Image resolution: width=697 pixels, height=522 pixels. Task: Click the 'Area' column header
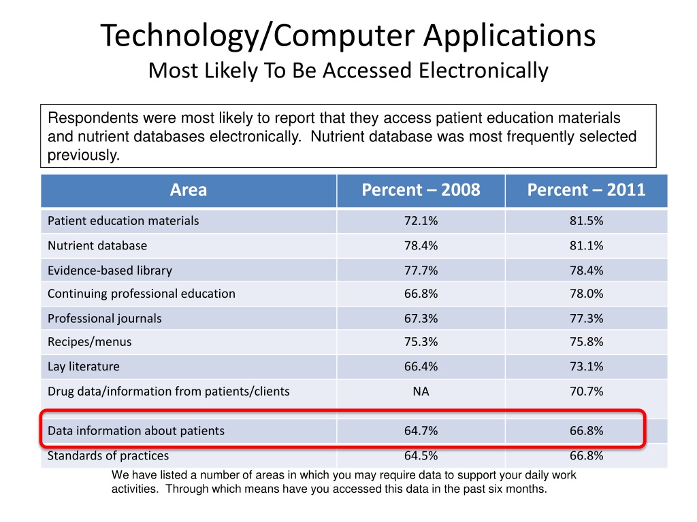pos(189,190)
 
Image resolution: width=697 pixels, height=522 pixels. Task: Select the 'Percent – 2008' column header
pos(421,190)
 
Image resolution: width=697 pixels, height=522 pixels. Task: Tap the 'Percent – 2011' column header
pos(586,190)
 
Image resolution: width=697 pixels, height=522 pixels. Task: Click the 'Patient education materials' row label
pos(123,221)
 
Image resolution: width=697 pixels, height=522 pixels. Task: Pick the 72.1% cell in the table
pos(421,221)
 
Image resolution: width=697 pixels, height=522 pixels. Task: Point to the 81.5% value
pos(586,221)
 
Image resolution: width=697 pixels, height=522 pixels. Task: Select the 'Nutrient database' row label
pos(97,245)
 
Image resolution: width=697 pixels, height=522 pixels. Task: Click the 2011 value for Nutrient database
pos(586,245)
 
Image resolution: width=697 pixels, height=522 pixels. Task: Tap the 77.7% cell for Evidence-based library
pos(421,271)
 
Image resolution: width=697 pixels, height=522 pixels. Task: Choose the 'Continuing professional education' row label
pos(142,294)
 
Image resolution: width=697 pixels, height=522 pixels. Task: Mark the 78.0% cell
pos(586,294)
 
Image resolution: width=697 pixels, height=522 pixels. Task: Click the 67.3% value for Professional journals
pos(421,319)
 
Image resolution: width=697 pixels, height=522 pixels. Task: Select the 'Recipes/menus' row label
pos(90,342)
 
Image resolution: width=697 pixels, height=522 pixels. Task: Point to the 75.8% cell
pos(586,342)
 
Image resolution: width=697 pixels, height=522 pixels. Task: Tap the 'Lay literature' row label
pos(84,367)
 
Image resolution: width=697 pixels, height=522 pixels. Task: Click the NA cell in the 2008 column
pos(421,391)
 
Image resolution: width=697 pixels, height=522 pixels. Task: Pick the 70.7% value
pos(586,391)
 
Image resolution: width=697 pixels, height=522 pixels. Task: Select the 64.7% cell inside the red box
pos(421,431)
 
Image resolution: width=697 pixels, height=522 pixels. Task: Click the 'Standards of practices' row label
pos(108,455)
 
